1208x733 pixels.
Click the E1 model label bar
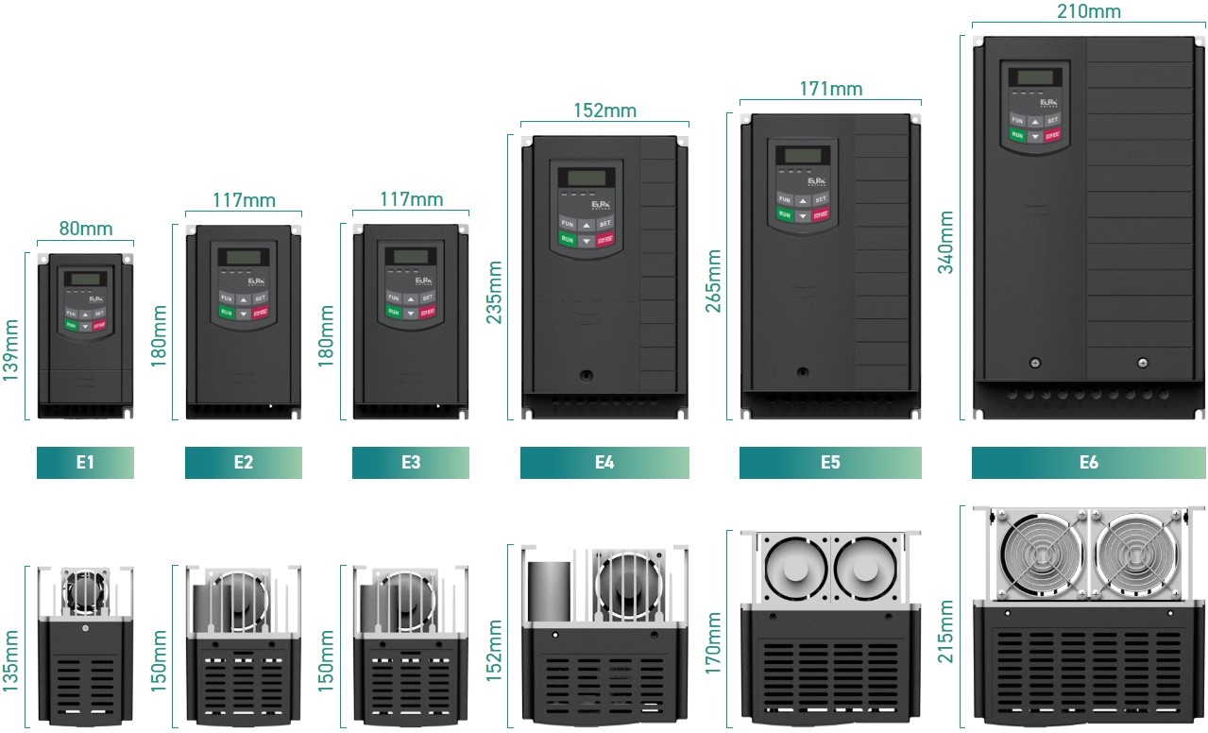tap(85, 463)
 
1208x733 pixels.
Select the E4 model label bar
tap(604, 463)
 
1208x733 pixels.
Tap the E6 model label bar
tap(1089, 463)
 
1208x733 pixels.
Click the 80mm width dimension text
tap(86, 229)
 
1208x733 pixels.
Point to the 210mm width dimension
tap(1089, 10)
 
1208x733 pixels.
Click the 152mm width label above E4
tap(604, 111)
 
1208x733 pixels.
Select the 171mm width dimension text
tap(830, 89)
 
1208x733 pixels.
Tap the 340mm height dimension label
tap(945, 242)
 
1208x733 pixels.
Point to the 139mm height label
tap(12, 349)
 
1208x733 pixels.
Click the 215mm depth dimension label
tap(945, 631)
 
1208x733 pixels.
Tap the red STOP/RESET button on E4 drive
tap(605, 240)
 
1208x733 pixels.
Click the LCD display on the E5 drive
tap(801, 155)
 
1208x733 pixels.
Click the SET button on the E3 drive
tap(427, 298)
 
